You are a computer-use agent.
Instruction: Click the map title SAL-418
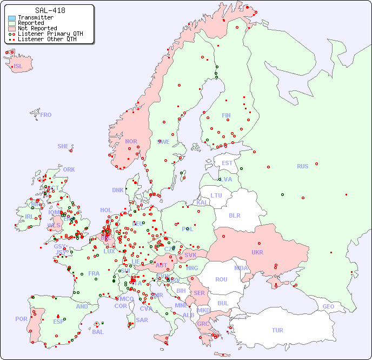(x=50, y=10)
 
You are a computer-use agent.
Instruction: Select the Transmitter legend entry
(x=35, y=17)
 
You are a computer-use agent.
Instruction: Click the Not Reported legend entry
(x=37, y=28)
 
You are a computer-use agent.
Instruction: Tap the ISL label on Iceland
(x=18, y=67)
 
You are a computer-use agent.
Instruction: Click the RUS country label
(x=302, y=166)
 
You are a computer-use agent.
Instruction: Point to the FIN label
(x=226, y=115)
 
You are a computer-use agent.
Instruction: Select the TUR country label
(x=277, y=330)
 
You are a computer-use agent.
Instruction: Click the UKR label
(x=257, y=252)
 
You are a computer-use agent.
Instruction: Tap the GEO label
(x=328, y=306)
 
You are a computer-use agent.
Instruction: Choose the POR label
(x=21, y=319)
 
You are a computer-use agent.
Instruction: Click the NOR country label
(x=131, y=141)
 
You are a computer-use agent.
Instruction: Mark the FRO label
(x=46, y=115)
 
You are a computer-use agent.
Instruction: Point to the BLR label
(x=234, y=215)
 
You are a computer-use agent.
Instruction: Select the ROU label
(x=221, y=279)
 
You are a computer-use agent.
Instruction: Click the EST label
(x=227, y=163)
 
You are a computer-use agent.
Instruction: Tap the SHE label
(x=63, y=146)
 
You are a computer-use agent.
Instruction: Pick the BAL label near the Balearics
(x=97, y=332)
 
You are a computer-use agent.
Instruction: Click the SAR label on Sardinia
(x=142, y=319)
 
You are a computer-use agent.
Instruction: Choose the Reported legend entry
(x=31, y=23)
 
